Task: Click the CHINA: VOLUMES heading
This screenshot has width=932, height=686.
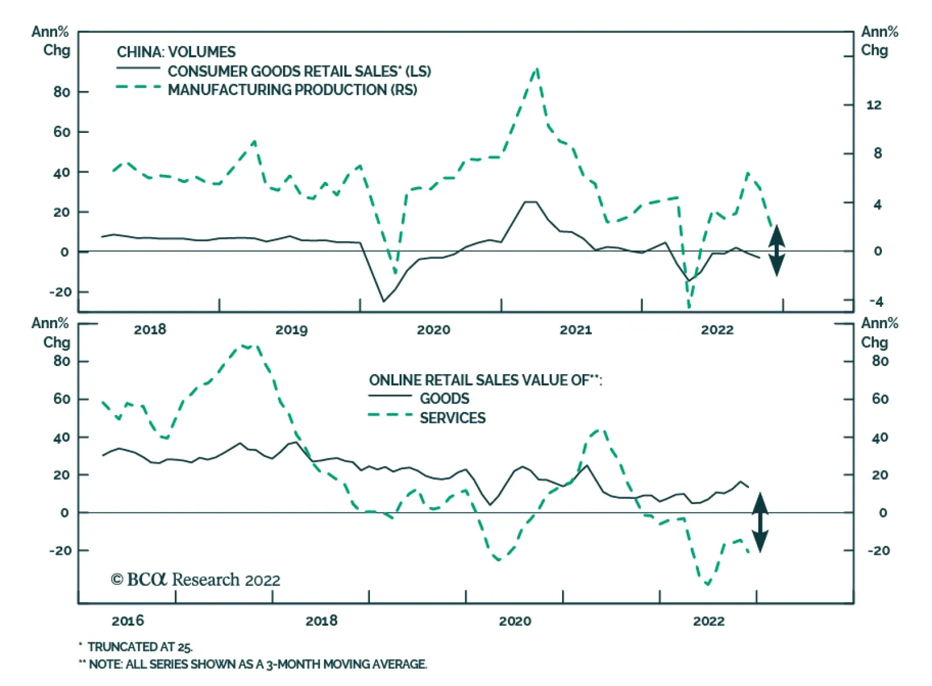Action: (176, 52)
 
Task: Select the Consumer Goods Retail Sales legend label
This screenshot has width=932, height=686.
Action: (299, 71)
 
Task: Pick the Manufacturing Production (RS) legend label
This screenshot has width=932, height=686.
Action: (292, 90)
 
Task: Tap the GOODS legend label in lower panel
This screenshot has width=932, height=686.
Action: (444, 399)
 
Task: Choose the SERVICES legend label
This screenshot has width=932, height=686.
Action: (453, 418)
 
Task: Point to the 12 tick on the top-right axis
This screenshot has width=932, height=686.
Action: (874, 105)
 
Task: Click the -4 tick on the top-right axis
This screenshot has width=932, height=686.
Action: (876, 301)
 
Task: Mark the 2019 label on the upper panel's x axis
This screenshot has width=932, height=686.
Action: (291, 330)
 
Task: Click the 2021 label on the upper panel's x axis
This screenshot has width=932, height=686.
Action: (576, 330)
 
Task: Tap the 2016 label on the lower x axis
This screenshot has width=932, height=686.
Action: (128, 621)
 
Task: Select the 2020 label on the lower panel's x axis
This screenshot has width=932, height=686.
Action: (515, 621)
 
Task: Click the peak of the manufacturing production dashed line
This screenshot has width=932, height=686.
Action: (536, 69)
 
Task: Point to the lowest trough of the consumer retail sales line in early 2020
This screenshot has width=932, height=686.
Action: (383, 301)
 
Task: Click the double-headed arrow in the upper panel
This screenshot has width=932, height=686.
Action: (776, 250)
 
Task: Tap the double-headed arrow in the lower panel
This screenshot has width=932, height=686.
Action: (760, 522)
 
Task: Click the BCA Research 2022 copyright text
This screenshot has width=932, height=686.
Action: (196, 580)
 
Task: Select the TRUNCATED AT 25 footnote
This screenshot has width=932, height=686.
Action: (140, 646)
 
